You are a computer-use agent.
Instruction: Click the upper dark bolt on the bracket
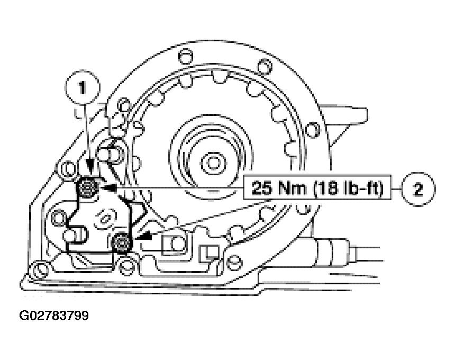(x=87, y=186)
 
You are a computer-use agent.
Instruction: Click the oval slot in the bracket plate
(x=106, y=218)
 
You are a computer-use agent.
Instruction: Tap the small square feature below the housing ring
(x=208, y=251)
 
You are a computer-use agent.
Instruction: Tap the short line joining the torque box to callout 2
(x=397, y=188)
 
